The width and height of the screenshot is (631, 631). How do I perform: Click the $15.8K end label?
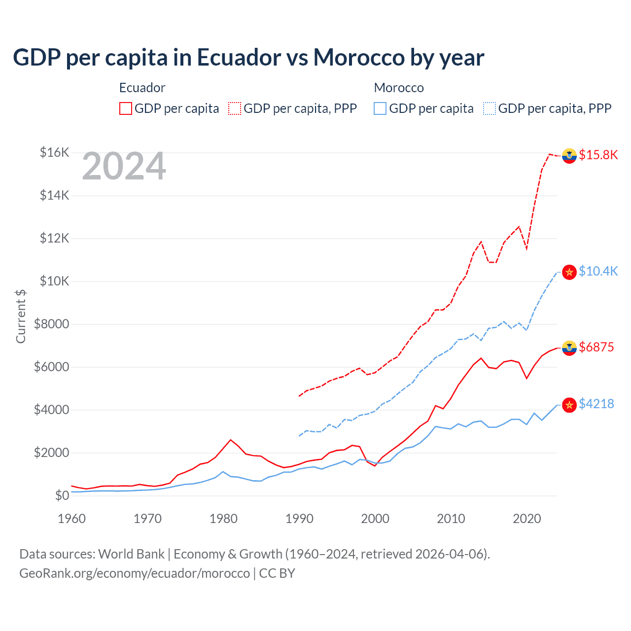click(x=598, y=155)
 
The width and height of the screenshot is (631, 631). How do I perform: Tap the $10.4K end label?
click(x=598, y=271)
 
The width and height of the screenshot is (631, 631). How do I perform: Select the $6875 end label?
click(x=596, y=347)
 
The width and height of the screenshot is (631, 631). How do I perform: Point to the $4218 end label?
click(x=596, y=404)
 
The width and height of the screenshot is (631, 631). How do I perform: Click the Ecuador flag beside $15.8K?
click(x=569, y=155)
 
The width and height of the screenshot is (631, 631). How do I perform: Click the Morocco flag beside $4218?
click(x=569, y=405)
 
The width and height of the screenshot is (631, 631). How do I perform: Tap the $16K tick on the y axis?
click(x=54, y=152)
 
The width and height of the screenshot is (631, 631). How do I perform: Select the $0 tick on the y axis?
click(x=62, y=495)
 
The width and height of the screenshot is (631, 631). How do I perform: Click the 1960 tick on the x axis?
click(x=72, y=519)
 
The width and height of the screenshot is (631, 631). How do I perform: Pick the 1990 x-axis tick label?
click(x=299, y=519)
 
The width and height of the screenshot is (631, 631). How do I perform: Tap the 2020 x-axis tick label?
click(x=527, y=519)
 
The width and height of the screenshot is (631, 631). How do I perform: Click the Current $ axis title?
click(x=21, y=316)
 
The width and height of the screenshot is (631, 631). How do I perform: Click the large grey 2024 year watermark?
click(x=124, y=167)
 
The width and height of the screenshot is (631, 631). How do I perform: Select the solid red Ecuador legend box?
click(x=126, y=108)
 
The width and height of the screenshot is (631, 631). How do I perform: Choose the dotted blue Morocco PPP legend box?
click(x=490, y=108)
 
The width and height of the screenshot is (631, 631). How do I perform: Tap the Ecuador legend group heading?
click(x=142, y=88)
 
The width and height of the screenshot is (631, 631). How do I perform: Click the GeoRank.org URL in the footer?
click(x=134, y=573)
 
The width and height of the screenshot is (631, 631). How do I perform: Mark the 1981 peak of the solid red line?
click(x=231, y=440)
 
